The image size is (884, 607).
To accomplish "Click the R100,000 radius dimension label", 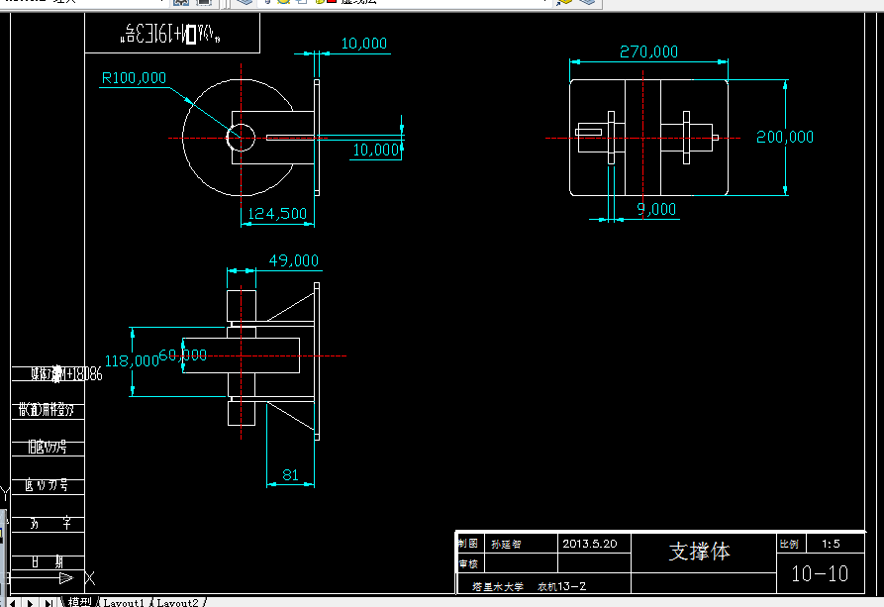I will coord(134,77).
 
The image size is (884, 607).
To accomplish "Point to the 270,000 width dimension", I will coord(648,51).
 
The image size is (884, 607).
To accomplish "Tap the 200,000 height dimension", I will coord(785,137).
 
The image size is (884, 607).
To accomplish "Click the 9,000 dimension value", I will coord(656,209).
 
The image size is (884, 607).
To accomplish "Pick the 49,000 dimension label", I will coord(294,260).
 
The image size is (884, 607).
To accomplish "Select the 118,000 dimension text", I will coord(132,361).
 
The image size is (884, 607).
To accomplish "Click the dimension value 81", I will coord(290,475).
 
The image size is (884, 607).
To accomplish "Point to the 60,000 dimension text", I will coord(183,354).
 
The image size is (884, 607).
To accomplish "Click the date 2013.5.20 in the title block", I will coord(589,544).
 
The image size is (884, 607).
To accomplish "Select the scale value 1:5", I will coord(831,544).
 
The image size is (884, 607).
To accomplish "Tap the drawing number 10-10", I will coord(819,573).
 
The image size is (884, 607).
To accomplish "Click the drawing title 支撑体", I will coord(699,552).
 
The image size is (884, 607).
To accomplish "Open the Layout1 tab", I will coord(124,602).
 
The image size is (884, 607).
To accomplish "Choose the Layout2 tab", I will coord(177,602).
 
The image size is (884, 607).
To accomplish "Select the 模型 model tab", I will coord(78,602).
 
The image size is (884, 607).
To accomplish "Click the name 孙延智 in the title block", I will coord(506,544).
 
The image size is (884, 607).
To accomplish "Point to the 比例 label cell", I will coord(788,544).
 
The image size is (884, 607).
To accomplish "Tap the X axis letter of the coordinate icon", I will coord(90,576).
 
